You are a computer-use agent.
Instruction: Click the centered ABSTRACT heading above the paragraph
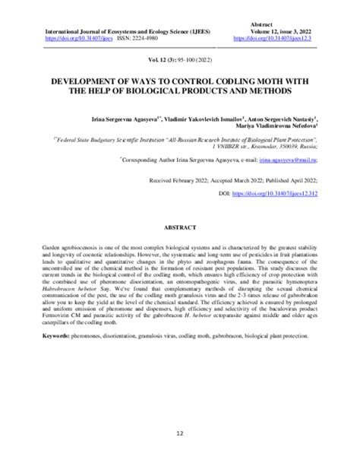pyautogui.click(x=180, y=228)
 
